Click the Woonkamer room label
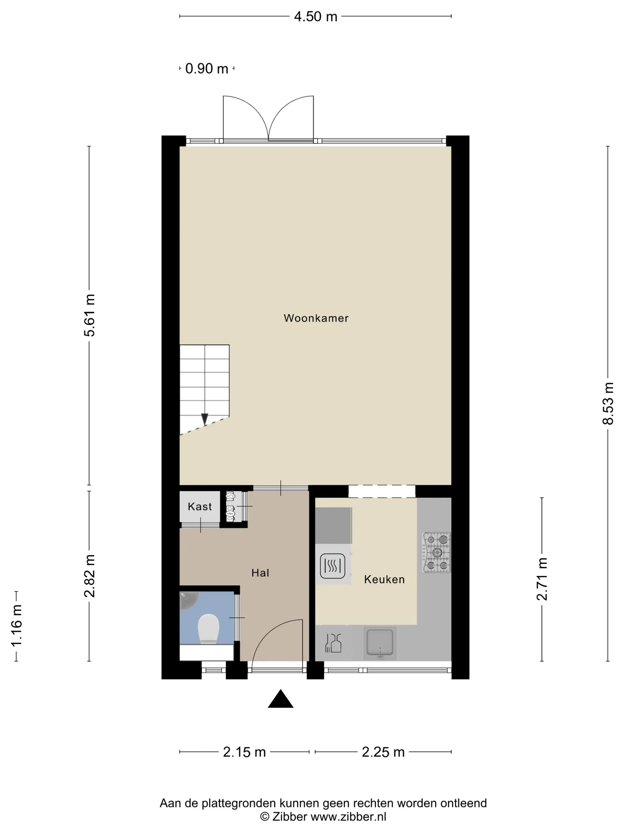pyautogui.click(x=316, y=318)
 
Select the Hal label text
pyautogui.click(x=260, y=573)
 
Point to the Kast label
pyautogui.click(x=200, y=507)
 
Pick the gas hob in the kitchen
pyautogui.click(x=436, y=552)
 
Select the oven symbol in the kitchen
pyautogui.click(x=333, y=566)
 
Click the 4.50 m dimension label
pyautogui.click(x=316, y=17)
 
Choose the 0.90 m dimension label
pyautogui.click(x=207, y=68)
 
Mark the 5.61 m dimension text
pyautogui.click(x=89, y=315)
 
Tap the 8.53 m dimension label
pyautogui.click(x=608, y=403)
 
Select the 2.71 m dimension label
pyautogui.click(x=542, y=579)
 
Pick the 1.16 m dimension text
pyautogui.click(x=17, y=626)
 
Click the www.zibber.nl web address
pyautogui.click(x=348, y=817)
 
